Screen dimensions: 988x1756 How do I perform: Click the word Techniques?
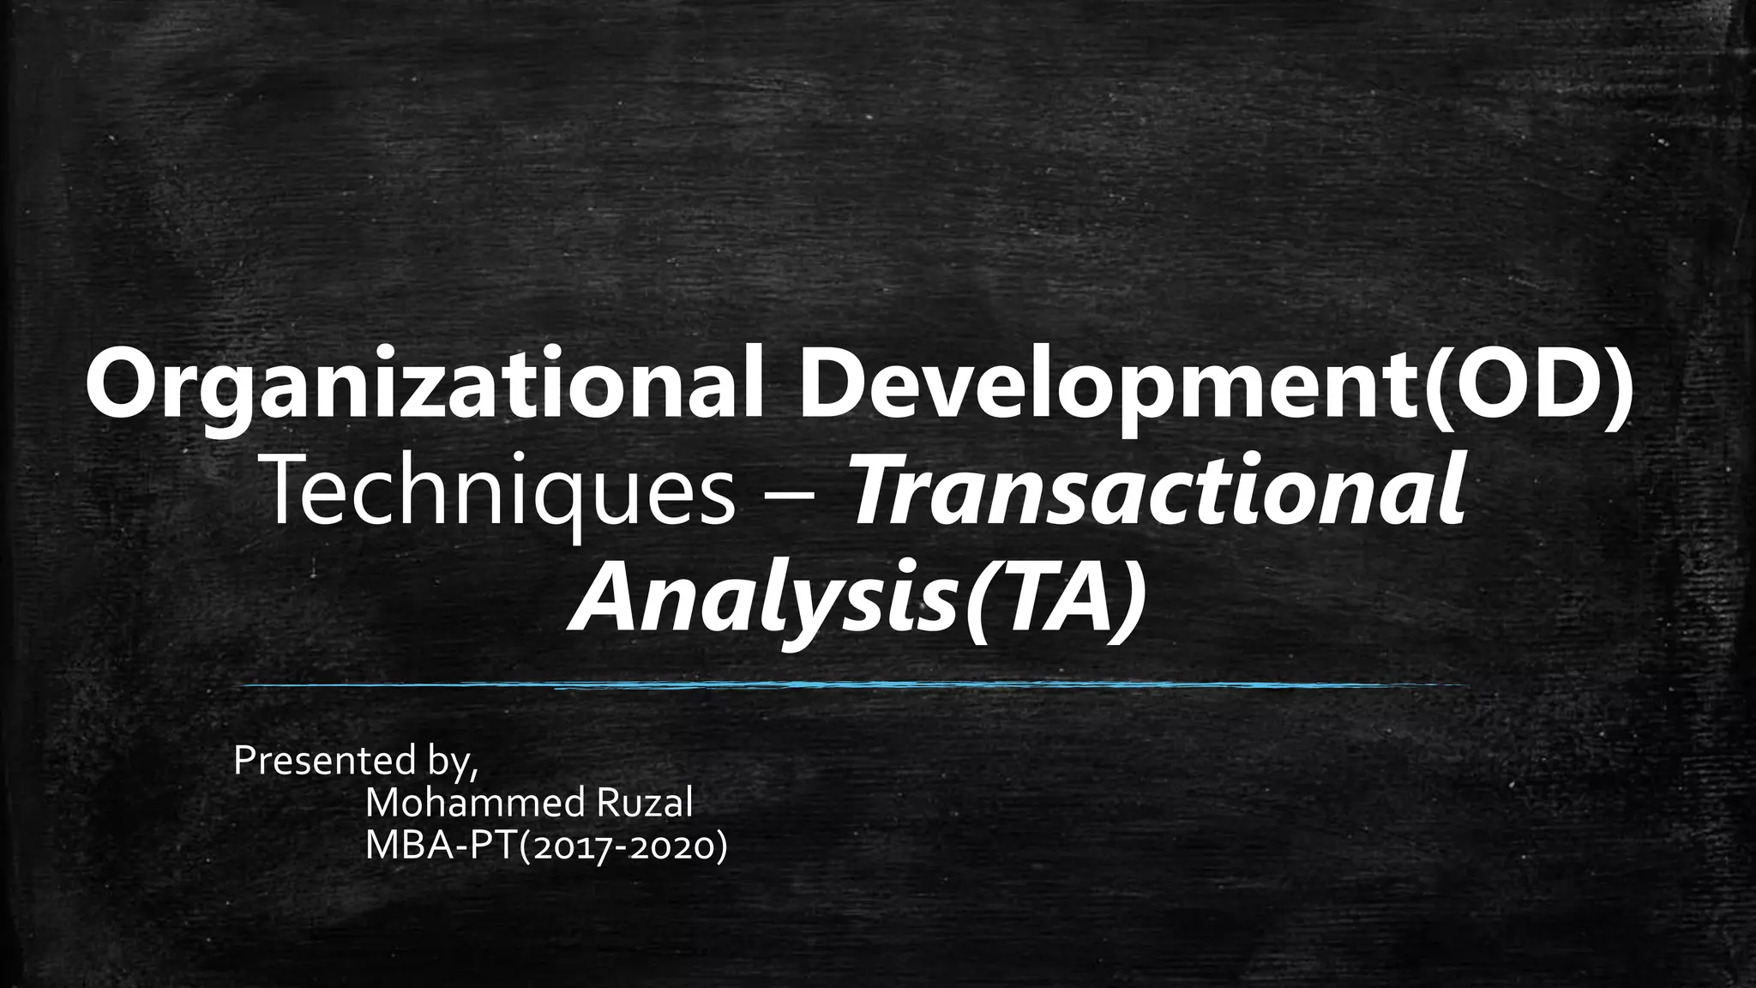click(x=502, y=497)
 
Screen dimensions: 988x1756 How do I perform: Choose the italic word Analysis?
click(x=760, y=597)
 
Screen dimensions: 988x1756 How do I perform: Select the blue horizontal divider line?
click(x=857, y=684)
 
